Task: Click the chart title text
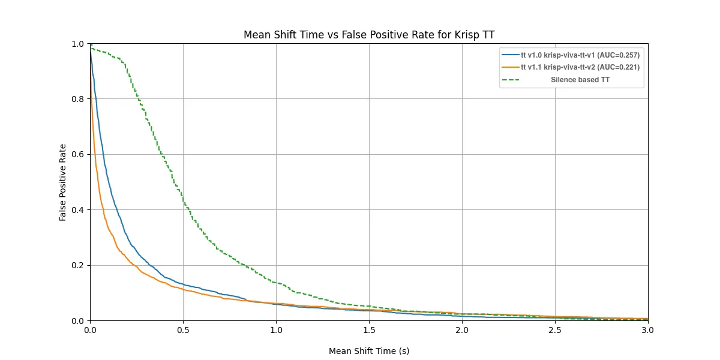click(369, 35)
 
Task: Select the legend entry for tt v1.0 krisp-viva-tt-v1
click(571, 55)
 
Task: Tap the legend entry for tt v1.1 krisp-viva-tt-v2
click(571, 67)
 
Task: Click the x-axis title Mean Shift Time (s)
click(369, 351)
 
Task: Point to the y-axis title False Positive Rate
click(63, 182)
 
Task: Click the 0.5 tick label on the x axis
click(183, 330)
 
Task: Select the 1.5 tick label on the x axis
click(369, 330)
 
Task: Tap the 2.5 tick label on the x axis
click(555, 330)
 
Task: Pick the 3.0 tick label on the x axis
click(648, 330)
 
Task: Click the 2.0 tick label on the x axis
click(462, 330)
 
